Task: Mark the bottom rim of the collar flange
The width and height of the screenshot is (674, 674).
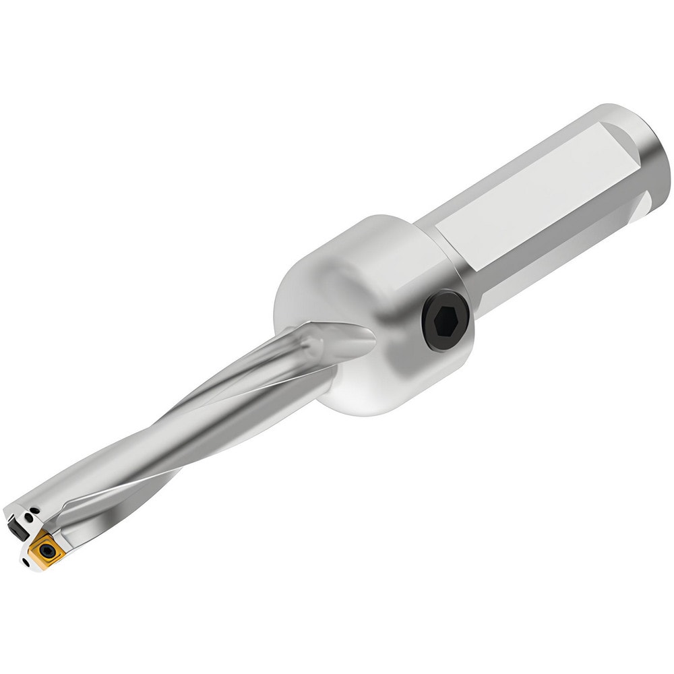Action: (377, 404)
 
